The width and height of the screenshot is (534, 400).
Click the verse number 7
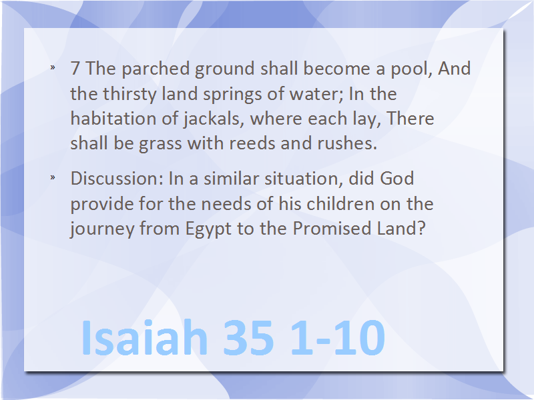[75, 69]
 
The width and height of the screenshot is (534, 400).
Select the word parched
[156, 69]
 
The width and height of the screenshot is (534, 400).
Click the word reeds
[252, 143]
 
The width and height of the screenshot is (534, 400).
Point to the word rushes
[347, 143]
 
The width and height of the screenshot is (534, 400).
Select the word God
[396, 179]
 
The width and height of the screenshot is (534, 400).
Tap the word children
[340, 204]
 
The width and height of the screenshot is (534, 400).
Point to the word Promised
[332, 228]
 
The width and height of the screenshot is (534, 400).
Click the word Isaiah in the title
[144, 337]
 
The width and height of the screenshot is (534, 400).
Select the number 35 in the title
[248, 338]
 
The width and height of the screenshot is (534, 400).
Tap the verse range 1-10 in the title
[338, 338]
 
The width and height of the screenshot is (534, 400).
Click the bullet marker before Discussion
[53, 177]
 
